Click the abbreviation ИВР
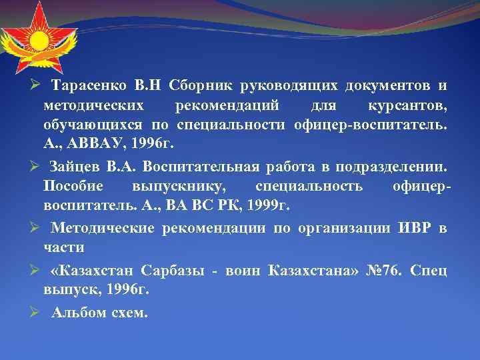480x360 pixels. click(414, 229)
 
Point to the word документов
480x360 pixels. click(388, 86)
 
